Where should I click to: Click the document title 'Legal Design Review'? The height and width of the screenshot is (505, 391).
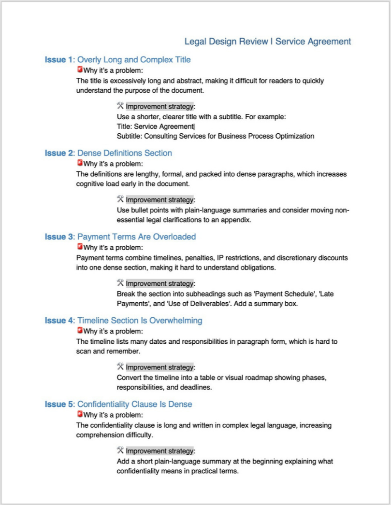click(x=226, y=42)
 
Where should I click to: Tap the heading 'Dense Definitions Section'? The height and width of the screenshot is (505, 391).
click(x=124, y=153)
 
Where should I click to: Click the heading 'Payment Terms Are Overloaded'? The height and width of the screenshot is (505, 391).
click(x=136, y=237)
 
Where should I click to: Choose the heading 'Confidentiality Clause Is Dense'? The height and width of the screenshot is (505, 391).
click(x=134, y=404)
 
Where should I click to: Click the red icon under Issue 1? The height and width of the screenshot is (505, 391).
click(x=80, y=70)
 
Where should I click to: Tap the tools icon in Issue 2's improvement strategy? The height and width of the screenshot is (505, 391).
click(x=120, y=199)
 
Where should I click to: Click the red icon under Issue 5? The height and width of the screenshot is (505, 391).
click(x=80, y=414)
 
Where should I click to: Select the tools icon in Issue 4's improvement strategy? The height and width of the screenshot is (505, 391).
click(x=120, y=366)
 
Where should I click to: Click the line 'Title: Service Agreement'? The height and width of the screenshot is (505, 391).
click(x=155, y=126)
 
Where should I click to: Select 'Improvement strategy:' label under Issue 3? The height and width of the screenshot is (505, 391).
click(x=160, y=283)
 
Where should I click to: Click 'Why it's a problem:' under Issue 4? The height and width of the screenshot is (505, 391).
click(x=113, y=331)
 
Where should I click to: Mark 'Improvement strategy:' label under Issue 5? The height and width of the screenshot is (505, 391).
click(x=160, y=450)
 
